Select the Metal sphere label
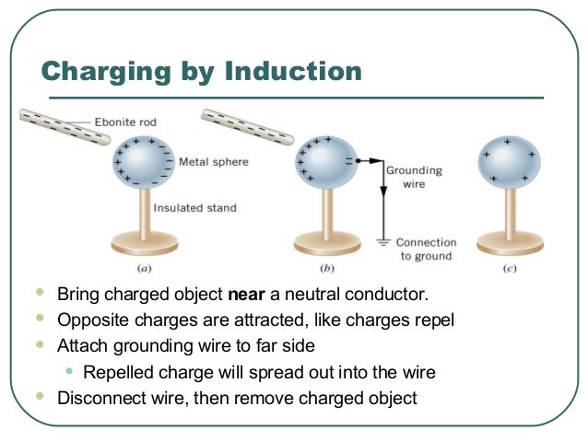(x=214, y=161)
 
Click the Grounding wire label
(x=414, y=177)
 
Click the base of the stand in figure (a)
(x=144, y=244)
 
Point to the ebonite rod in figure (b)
(x=245, y=127)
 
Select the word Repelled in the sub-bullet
(x=116, y=372)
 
